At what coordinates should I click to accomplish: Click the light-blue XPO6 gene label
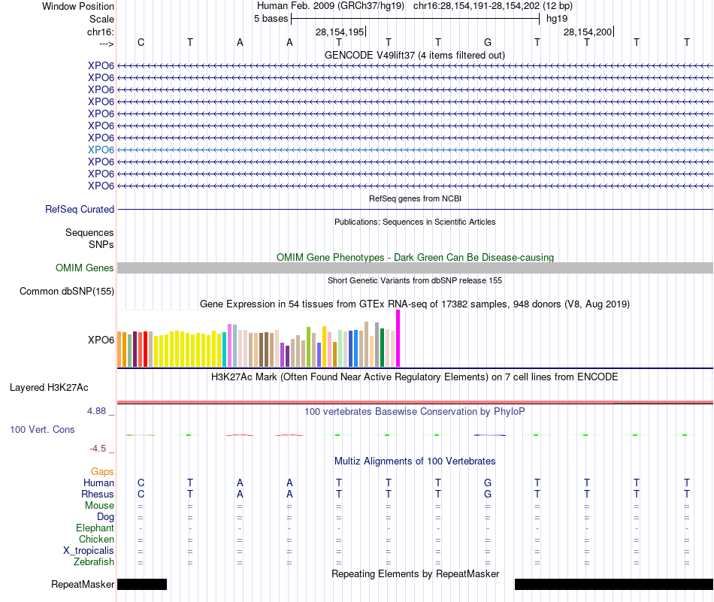click(x=101, y=150)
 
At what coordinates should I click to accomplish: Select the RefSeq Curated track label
click(x=79, y=210)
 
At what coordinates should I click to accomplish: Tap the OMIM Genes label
click(x=84, y=268)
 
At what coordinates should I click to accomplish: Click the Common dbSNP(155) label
click(x=66, y=292)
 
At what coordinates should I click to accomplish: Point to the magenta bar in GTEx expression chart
click(x=398, y=338)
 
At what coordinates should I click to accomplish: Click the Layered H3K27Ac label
click(x=49, y=388)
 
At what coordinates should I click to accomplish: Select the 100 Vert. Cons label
click(x=42, y=429)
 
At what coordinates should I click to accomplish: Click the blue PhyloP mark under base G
click(x=489, y=435)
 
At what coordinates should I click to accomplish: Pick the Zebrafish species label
click(x=94, y=562)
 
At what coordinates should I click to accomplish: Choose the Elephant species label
click(x=95, y=528)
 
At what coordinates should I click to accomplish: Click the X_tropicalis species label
click(x=89, y=551)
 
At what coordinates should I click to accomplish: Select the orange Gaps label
click(x=102, y=472)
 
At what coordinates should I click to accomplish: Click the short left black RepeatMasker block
click(x=142, y=584)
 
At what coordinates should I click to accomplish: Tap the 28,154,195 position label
click(x=340, y=32)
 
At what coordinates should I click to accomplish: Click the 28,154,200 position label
click(x=588, y=32)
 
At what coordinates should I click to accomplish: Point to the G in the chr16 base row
click(x=488, y=42)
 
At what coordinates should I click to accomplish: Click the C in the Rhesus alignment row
click(x=141, y=494)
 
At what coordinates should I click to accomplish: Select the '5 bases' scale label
click(x=271, y=19)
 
